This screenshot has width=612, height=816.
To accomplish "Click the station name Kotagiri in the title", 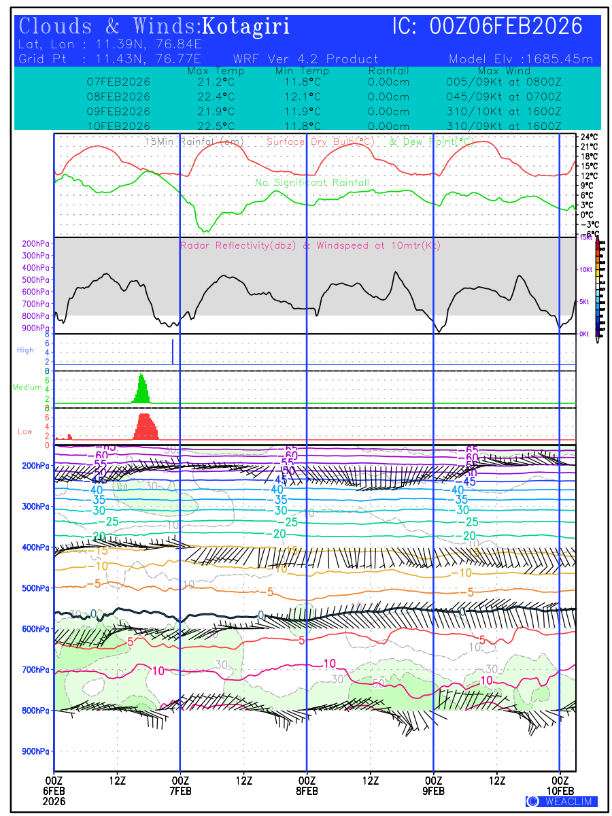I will point(247,27).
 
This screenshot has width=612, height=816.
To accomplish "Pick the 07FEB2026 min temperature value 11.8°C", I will point(302,81).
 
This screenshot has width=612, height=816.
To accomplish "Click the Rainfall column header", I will point(388,71).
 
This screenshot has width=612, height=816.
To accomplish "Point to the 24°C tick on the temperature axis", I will point(589,137).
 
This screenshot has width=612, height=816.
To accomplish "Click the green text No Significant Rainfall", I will point(312,182).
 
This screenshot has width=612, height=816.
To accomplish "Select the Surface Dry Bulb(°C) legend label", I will point(320,141).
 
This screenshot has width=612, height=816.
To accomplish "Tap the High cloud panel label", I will point(25,350).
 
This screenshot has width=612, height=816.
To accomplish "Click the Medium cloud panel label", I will point(27,387).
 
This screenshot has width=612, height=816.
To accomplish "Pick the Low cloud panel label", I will point(25,432).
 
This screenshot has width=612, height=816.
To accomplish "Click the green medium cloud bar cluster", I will point(142,390).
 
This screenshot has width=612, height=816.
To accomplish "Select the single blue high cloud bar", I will point(173,352).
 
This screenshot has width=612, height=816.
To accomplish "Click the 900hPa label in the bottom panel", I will point(36,751).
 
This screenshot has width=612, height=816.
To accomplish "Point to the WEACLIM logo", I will point(562,802).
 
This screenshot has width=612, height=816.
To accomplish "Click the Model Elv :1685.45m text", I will point(521,59).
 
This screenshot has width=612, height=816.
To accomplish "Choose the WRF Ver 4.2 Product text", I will point(305,59).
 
